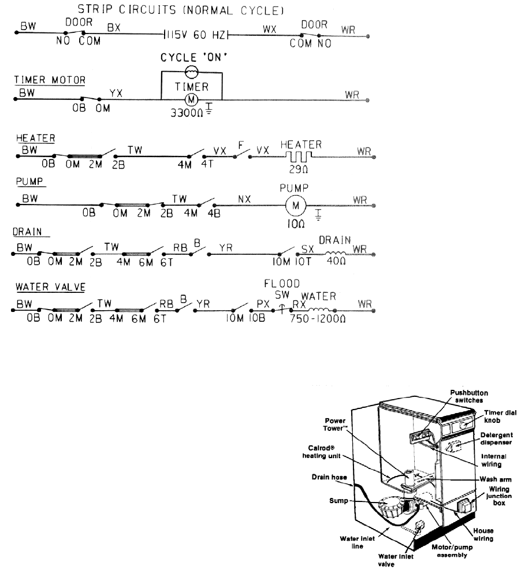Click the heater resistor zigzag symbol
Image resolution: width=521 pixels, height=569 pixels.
click(x=300, y=155)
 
